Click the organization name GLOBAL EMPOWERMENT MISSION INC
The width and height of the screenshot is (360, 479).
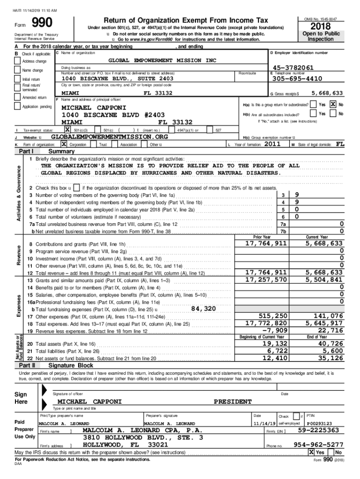click(163, 60)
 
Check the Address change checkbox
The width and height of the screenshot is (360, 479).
click(18, 61)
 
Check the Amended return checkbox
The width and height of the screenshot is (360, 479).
click(18, 98)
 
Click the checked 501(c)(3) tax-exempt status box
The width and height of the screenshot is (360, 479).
click(67, 130)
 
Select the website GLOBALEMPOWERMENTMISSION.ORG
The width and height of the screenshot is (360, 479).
click(108, 137)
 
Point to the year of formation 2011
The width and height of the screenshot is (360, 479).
click(273, 144)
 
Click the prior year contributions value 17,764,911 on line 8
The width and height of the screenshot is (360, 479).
click(266, 244)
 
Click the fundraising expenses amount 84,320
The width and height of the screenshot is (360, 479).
click(203, 308)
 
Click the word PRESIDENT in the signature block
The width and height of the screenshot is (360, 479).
click(233, 401)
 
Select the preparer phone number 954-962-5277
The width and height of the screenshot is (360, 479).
click(318, 444)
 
